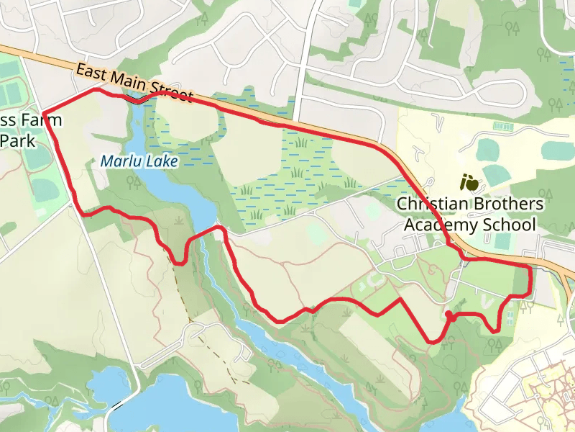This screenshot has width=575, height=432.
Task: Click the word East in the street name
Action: [91, 73]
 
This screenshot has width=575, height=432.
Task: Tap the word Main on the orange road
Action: [132, 83]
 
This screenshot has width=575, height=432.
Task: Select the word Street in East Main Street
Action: [175, 94]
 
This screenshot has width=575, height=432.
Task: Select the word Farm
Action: [42, 119]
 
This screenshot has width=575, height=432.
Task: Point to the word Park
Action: [13, 140]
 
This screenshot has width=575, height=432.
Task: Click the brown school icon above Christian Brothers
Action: [469, 182]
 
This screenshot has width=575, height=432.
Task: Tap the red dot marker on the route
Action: [448, 315]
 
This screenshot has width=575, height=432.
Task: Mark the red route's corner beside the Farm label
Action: [45, 112]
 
